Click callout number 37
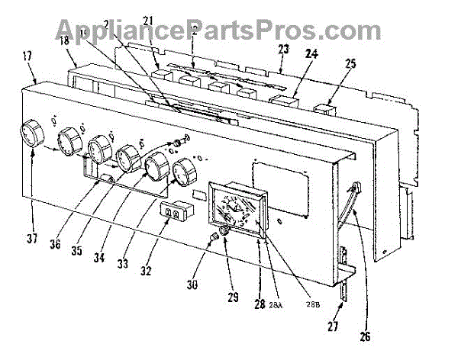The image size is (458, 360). click(x=31, y=239)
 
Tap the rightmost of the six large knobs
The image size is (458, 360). click(x=184, y=174)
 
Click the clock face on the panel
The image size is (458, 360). click(x=238, y=209)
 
